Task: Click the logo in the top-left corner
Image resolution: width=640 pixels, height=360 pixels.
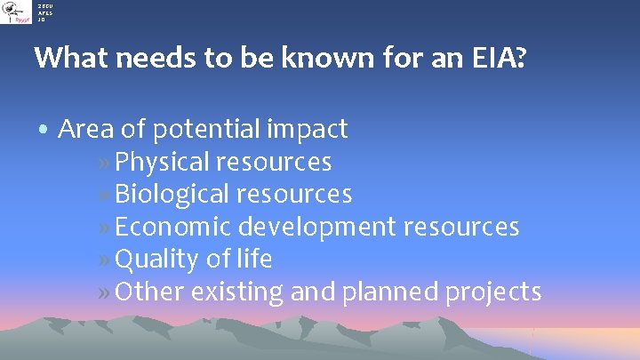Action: [x=16, y=12]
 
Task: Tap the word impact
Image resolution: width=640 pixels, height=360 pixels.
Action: [x=307, y=130]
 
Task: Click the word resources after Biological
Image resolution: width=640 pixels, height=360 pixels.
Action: [x=295, y=194]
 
